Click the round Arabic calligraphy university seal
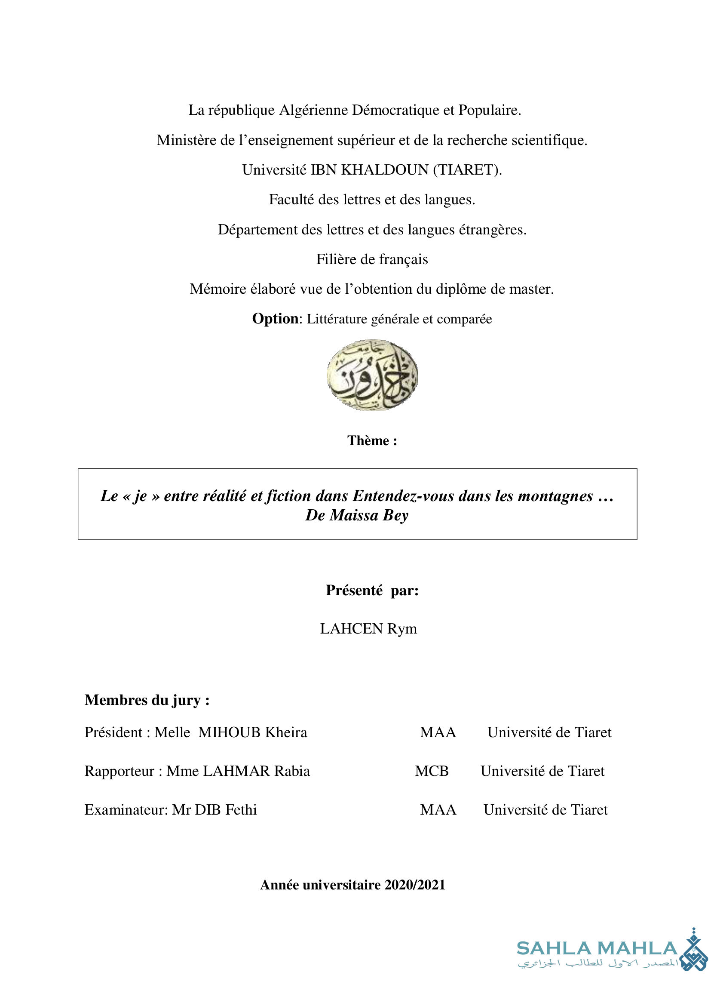coord(372,375)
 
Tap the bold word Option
coord(275,319)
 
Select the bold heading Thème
coord(372,440)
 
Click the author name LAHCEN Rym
coord(368,629)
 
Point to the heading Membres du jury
coord(147,700)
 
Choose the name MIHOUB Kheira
coord(253,732)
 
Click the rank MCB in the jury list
coord(432,771)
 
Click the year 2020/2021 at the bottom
coord(415,885)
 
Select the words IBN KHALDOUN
coord(369,169)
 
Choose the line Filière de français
coord(372,259)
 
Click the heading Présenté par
coord(372,591)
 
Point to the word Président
coord(113,732)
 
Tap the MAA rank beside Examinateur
coord(438,810)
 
